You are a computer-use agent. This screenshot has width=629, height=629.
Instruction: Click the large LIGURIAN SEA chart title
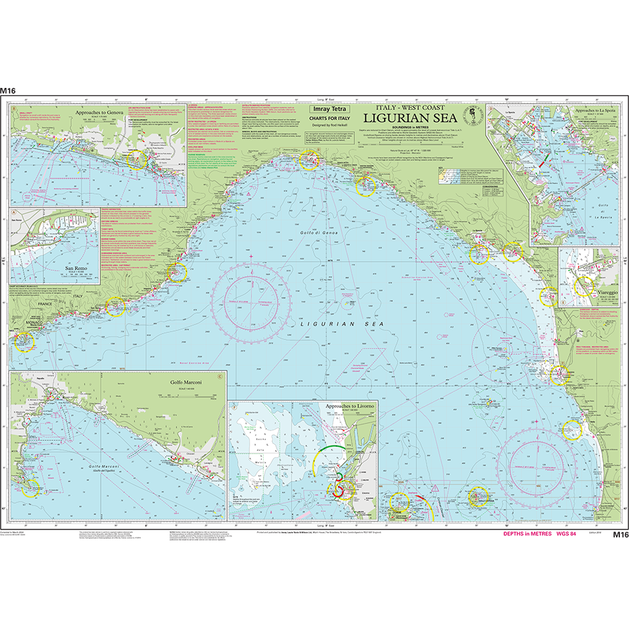click(409, 118)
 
